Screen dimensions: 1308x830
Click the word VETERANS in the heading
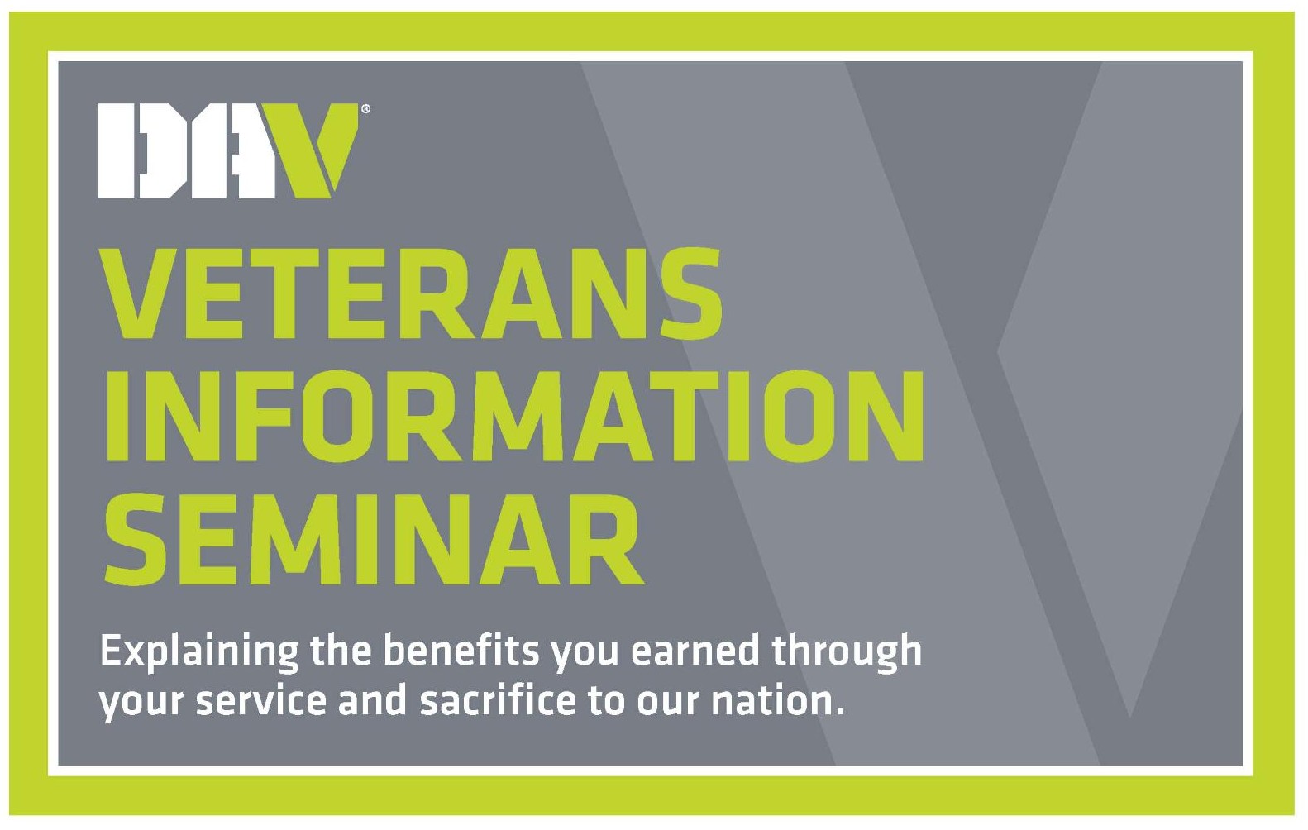[x=413, y=293]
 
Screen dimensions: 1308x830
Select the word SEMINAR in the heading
[x=374, y=537]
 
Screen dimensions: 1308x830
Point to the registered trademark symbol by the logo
[x=365, y=108]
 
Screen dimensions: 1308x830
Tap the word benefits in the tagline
[x=461, y=650]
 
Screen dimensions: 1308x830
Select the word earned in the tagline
[x=695, y=650]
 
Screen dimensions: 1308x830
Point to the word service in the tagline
[x=261, y=700]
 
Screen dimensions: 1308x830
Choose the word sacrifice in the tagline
[x=498, y=700]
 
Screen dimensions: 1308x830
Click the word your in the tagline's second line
[x=142, y=704]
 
